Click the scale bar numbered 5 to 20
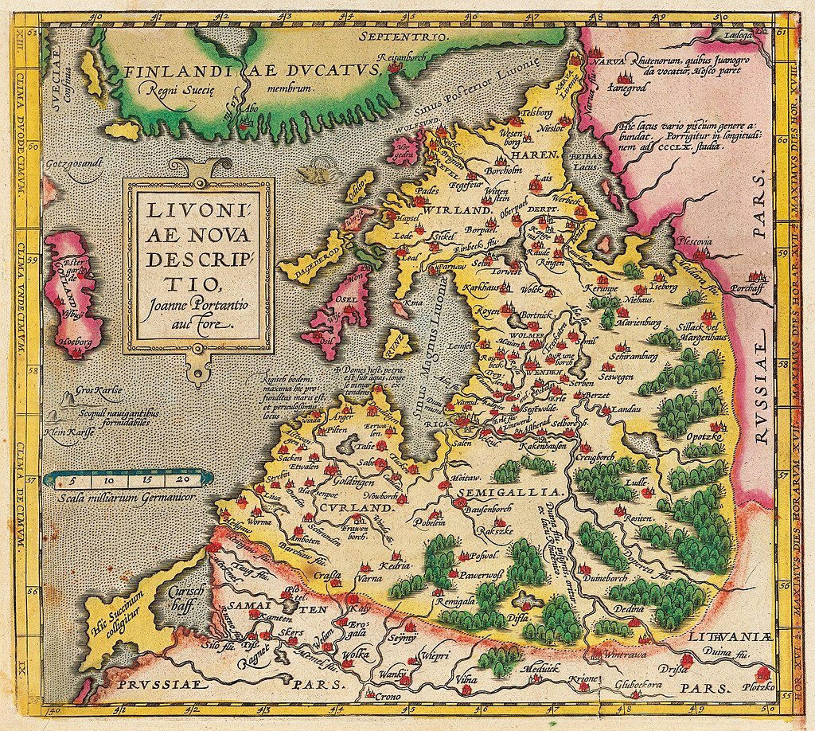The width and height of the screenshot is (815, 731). pyautogui.click(x=129, y=479)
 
